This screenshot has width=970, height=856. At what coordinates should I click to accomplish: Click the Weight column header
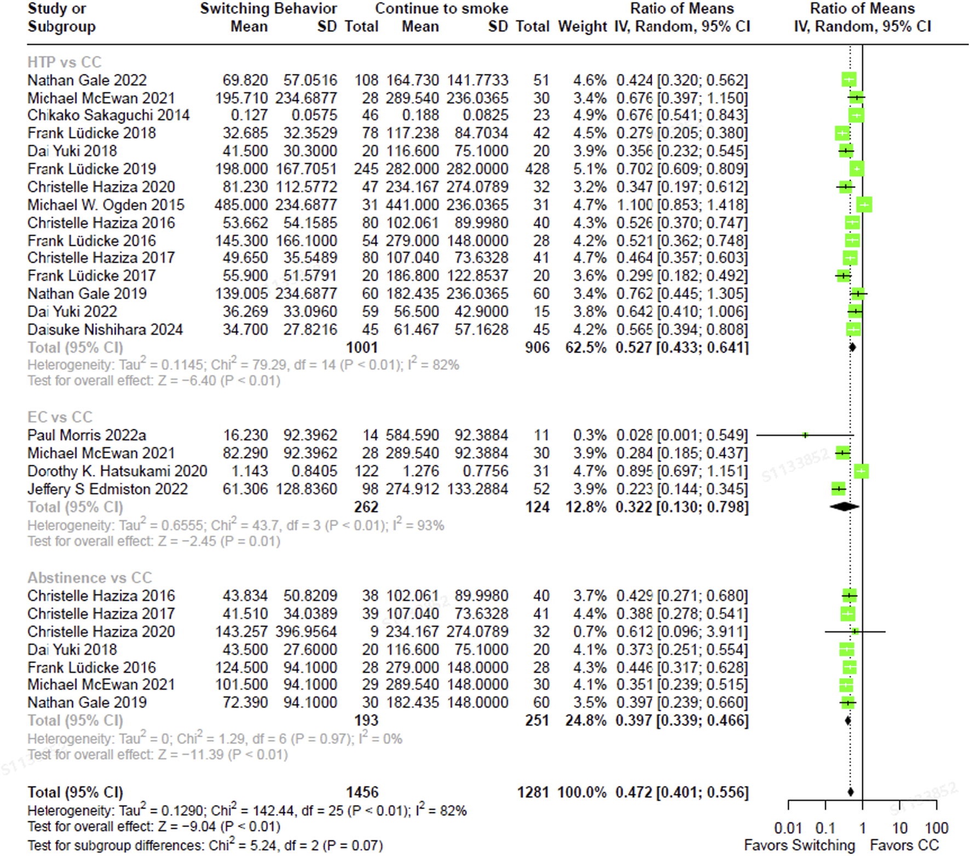pos(582,26)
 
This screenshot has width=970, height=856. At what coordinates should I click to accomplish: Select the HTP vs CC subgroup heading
pos(65,62)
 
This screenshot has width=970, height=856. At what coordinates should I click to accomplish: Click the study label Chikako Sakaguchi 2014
pos(108,115)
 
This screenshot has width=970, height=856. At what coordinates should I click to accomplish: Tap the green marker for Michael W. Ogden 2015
pos(864,205)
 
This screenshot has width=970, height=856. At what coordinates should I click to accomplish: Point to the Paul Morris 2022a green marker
pos(805,435)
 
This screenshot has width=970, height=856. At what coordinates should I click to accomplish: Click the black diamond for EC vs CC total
pos(845,507)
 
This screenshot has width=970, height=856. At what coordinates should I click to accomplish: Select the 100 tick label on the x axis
pos(937,828)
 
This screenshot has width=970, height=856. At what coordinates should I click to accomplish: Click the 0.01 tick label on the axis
pos(788,828)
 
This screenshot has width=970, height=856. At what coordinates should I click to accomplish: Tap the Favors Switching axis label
pos(799,846)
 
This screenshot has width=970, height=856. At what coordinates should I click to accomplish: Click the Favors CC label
pos(904,846)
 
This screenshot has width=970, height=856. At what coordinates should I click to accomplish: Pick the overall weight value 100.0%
pos(582,793)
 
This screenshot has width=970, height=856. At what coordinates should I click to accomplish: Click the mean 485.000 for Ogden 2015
pos(241,205)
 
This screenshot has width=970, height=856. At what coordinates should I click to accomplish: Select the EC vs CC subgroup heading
pos(60,417)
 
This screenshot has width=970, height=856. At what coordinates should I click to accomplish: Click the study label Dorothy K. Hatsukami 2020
pos(117,471)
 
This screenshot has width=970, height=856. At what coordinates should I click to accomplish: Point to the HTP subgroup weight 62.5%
pos(586,347)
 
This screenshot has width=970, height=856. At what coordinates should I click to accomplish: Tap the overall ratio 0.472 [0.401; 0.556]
pos(682,793)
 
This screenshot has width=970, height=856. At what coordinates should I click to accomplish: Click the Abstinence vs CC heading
pos(90,578)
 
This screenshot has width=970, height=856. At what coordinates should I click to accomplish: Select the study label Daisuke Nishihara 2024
pos(105,330)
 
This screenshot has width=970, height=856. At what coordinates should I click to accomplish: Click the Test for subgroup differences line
pos(205,846)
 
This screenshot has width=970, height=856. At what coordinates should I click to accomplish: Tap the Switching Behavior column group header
pos(268,9)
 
